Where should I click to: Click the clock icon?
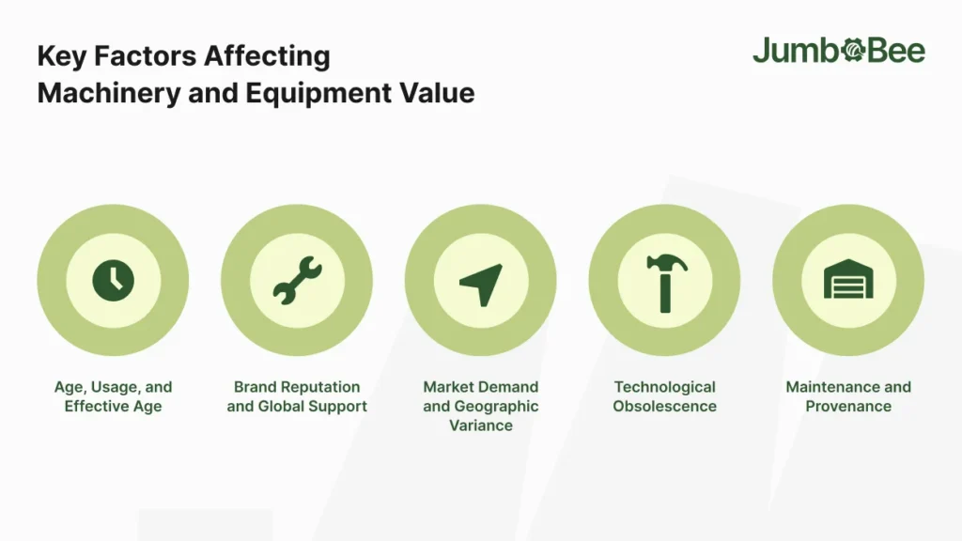pyautogui.click(x=113, y=280)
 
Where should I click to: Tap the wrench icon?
pyautogui.click(x=297, y=280)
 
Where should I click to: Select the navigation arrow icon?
pyautogui.click(x=482, y=285)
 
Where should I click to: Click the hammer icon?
pyautogui.click(x=667, y=283)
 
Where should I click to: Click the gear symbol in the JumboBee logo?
pyautogui.click(x=853, y=51)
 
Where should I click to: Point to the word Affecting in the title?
pyautogui.click(x=267, y=56)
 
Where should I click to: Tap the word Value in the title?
pyautogui.click(x=437, y=93)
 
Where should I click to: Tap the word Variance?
pyautogui.click(x=481, y=425)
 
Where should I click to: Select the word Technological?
pyautogui.click(x=664, y=388)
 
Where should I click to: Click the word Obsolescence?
pyautogui.click(x=664, y=406)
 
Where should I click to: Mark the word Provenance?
pyautogui.click(x=848, y=406)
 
